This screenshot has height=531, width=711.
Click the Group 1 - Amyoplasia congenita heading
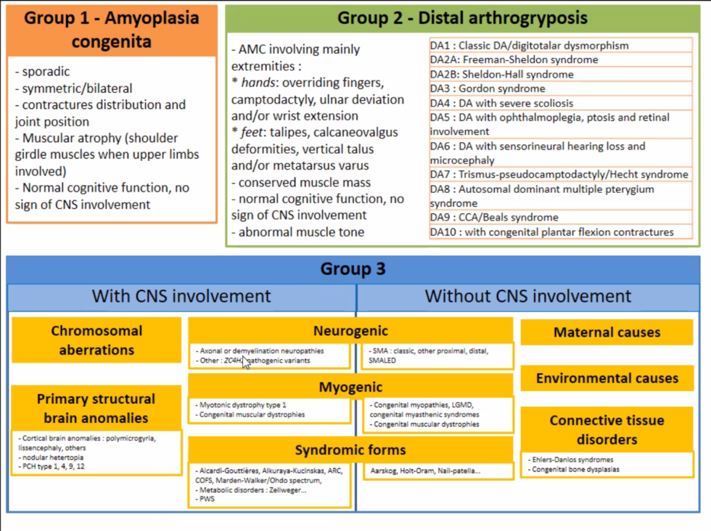tap(111, 29)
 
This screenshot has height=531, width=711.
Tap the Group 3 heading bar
tap(353, 270)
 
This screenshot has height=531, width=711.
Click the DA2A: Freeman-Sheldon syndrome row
tap(514, 59)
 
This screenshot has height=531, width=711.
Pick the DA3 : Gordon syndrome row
tap(488, 88)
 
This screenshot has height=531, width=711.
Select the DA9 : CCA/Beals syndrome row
tap(494, 217)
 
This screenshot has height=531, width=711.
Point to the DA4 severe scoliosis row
tap(501, 103)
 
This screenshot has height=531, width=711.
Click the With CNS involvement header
tap(181, 296)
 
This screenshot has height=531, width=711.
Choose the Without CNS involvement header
tap(528, 296)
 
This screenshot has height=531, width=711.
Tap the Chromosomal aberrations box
tap(96, 340)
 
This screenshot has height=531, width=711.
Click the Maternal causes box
tap(607, 332)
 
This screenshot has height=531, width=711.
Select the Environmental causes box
tap(607, 378)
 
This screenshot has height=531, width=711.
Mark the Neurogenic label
tap(350, 331)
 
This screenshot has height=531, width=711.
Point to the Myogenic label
tap(350, 387)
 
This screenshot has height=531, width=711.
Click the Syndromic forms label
tap(350, 450)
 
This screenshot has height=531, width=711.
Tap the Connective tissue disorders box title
tap(607, 429)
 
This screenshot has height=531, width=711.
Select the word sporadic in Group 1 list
tap(42, 72)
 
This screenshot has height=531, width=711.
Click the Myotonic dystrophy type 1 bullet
tap(243, 404)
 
